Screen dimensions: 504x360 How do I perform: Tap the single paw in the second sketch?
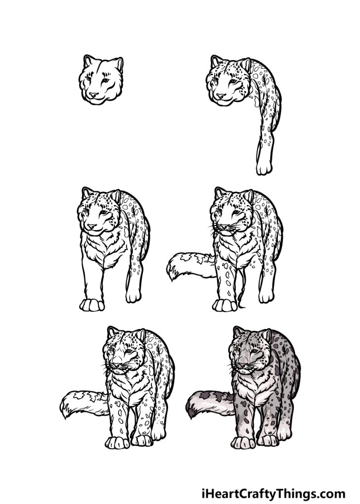click(x=264, y=167)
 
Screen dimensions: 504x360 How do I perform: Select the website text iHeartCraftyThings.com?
click(x=273, y=493)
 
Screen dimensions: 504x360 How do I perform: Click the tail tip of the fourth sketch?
click(x=173, y=270)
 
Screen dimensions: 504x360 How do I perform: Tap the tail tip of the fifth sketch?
click(x=65, y=409)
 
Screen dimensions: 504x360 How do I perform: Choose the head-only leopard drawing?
click(x=100, y=81)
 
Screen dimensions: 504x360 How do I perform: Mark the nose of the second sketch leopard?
click(x=220, y=94)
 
